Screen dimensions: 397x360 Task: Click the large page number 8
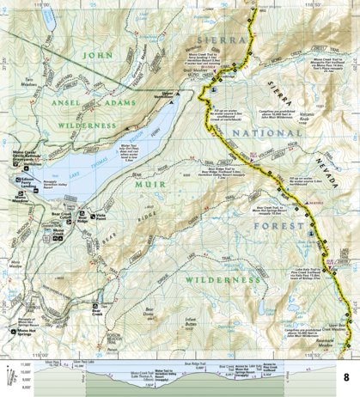tap(346, 376)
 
